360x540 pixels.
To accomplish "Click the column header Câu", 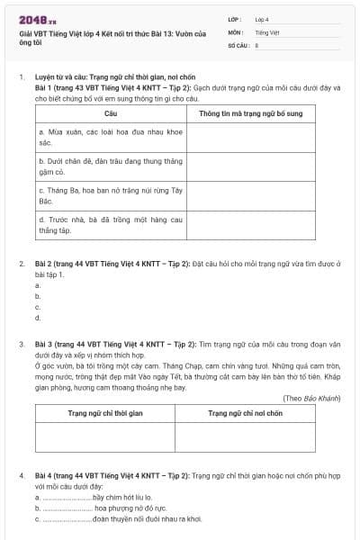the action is [x=111, y=114].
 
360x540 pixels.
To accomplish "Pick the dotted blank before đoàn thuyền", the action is [x=67, y=519].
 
